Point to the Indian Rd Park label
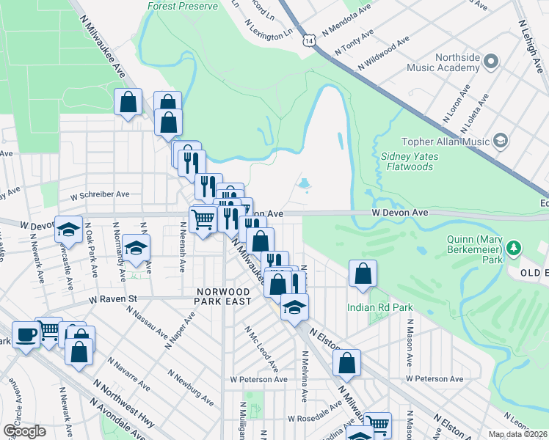pyautogui.click(x=380, y=307)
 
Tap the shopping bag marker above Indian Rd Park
pyautogui.click(x=363, y=275)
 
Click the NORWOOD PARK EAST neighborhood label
pyautogui.click(x=224, y=296)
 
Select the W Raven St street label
pyautogui.click(x=114, y=299)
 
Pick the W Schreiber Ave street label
pyautogui.click(x=100, y=195)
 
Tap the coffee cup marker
pyautogui.click(x=27, y=335)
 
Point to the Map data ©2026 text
pyautogui.click(x=518, y=434)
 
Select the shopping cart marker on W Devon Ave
pyautogui.click(x=203, y=218)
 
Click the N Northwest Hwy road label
pyautogui.click(x=122, y=411)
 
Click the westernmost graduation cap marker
pyautogui.click(x=68, y=230)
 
